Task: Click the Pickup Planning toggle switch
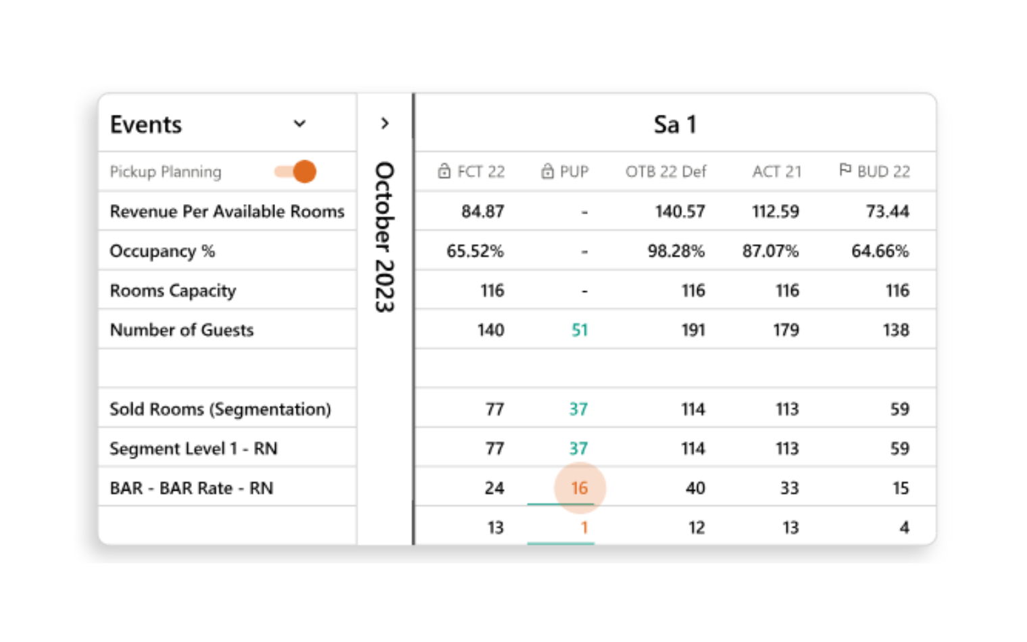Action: [x=296, y=172]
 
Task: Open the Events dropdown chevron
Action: [x=299, y=124]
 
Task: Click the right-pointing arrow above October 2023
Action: [x=384, y=124]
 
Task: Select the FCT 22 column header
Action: [x=472, y=172]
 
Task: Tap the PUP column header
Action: [x=566, y=172]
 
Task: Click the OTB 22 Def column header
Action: [x=666, y=172]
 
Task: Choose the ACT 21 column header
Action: [x=777, y=172]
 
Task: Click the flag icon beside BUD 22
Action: [x=845, y=170]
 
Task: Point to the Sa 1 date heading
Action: [x=674, y=124]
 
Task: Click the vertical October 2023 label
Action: [x=384, y=237]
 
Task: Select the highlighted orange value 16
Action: [x=579, y=488]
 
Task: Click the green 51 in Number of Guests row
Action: [x=580, y=330]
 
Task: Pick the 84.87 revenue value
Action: [x=482, y=212]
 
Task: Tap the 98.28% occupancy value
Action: [x=676, y=251]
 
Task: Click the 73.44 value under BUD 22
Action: [x=887, y=212]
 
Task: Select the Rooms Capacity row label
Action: [x=173, y=291]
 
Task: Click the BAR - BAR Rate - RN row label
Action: [x=191, y=488]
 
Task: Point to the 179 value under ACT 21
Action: [x=786, y=330]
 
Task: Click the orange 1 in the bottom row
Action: [x=584, y=527]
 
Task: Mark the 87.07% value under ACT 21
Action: [x=770, y=251]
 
